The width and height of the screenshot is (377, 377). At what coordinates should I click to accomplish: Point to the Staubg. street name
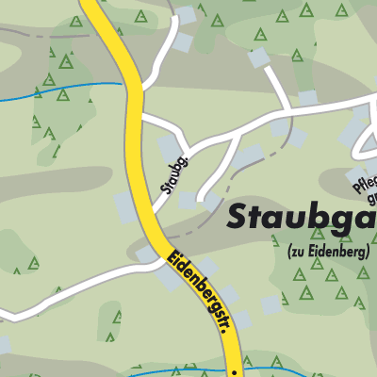coord(175,172)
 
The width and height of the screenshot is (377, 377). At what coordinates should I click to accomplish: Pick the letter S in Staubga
coord(239,219)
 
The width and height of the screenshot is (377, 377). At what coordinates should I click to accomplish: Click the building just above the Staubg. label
coord(170,146)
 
